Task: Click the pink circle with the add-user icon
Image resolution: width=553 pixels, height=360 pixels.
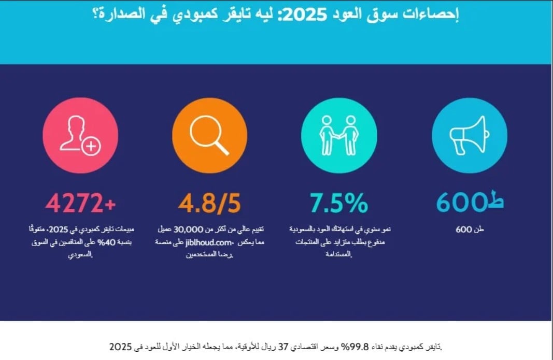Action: tap(80, 134)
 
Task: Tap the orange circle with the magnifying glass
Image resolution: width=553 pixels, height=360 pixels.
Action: tap(209, 134)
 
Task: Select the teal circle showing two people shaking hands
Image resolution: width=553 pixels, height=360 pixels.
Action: tap(339, 134)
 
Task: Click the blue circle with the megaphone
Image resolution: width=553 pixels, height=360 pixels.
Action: tap(469, 134)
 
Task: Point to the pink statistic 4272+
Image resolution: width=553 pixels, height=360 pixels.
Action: tap(80, 203)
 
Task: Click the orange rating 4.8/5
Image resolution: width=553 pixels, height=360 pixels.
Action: tap(209, 203)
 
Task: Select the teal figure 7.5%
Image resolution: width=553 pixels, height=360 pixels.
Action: tap(339, 203)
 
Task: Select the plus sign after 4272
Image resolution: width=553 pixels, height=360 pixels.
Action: tap(109, 204)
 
